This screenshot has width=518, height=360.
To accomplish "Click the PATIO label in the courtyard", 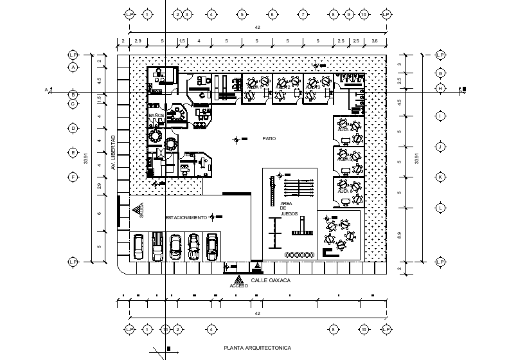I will pos(269,138).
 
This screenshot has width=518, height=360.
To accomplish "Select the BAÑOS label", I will pos(157,116).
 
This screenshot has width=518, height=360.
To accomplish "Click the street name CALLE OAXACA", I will pos(271,281).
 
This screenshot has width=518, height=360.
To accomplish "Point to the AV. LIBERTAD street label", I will pos(113,152).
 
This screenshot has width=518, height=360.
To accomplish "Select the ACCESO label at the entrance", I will pos(238,285).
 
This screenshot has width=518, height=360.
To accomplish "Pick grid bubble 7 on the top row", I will pos(302,14).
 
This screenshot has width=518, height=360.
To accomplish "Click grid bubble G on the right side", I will pos(441,73).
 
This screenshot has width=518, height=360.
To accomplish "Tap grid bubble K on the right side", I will pos(441,177).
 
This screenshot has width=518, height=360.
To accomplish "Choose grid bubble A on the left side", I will pos(73,67).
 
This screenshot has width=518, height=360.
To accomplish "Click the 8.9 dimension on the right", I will pos(399,236).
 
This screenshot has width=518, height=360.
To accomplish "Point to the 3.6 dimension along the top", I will pos(375,41).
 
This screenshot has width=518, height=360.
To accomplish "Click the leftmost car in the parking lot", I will pos(138,247).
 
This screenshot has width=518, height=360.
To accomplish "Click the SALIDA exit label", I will pos(141,211).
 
